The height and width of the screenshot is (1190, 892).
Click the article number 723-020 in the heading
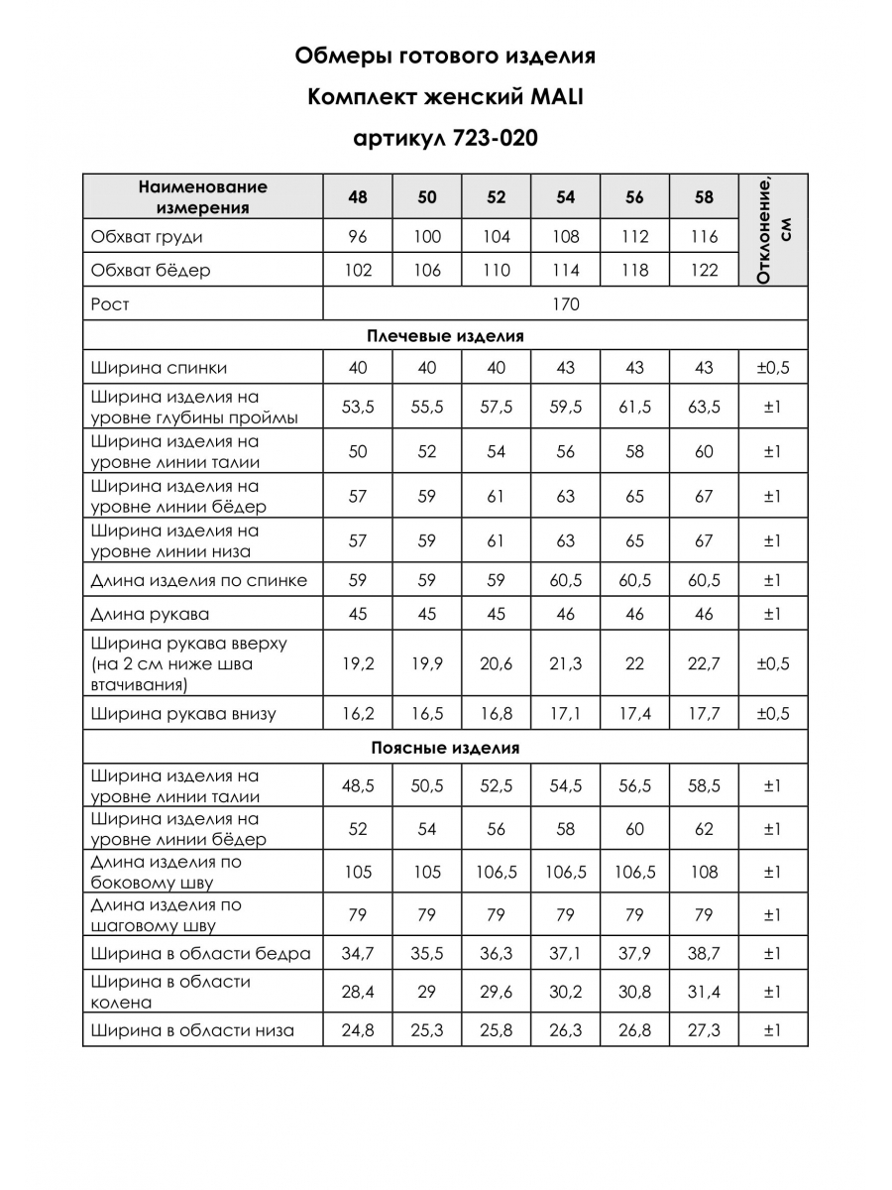(495, 138)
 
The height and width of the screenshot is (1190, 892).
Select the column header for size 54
(566, 196)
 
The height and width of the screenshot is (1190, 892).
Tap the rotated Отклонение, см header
(773, 230)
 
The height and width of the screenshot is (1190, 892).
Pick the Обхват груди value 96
(358, 237)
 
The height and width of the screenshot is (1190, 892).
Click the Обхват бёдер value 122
(704, 270)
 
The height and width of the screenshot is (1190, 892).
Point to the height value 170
(566, 303)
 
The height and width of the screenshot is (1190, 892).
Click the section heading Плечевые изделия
(445, 336)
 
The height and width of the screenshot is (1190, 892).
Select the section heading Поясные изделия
(445, 748)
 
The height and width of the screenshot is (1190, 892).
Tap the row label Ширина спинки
(159, 368)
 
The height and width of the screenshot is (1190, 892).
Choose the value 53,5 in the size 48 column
(358, 408)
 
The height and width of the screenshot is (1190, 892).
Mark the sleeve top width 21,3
(566, 663)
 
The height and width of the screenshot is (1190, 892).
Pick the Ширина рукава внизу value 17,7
(704, 713)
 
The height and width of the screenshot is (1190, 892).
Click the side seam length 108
(704, 873)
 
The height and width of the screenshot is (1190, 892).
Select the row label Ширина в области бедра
(200, 954)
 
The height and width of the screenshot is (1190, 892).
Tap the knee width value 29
(427, 992)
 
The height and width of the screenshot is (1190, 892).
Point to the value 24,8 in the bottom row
(358, 1030)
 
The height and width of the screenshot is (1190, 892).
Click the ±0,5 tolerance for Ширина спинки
(773, 368)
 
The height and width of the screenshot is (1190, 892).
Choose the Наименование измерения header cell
(203, 196)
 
